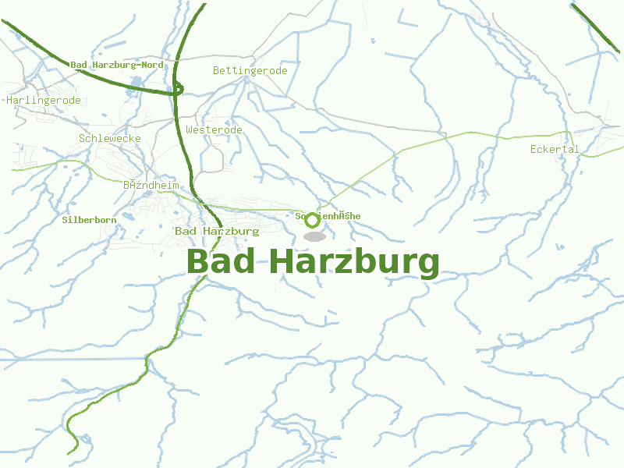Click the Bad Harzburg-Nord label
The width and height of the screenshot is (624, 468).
(117, 65)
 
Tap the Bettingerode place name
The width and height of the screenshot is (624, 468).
(250, 71)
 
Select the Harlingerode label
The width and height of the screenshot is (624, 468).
(44, 101)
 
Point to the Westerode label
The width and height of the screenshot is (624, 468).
(214, 129)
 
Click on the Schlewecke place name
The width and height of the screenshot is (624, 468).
(110, 138)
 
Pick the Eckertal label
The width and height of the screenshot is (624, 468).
(554, 149)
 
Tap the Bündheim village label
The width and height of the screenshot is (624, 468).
(151, 186)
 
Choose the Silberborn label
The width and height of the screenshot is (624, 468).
(89, 220)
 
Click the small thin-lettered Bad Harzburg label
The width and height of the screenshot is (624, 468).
(217, 231)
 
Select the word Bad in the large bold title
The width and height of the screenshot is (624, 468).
(221, 262)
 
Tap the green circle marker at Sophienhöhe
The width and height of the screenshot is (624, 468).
(313, 220)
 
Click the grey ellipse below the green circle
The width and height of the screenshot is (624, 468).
(314, 236)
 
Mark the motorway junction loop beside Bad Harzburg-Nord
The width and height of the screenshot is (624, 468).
(179, 89)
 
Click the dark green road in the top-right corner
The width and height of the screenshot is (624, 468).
(597, 28)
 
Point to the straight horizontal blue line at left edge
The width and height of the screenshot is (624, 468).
(47, 360)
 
